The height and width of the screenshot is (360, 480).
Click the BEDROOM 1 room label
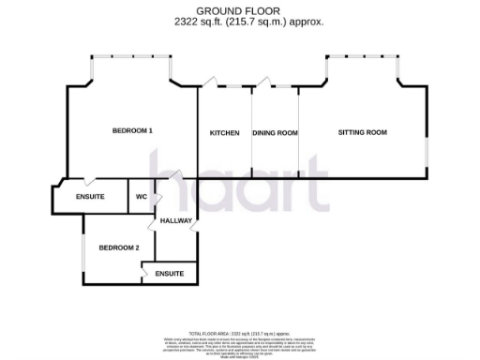point(132,130)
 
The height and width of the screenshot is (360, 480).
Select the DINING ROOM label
point(275,133)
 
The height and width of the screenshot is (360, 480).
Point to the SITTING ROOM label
point(362,132)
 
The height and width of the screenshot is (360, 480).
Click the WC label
point(141,197)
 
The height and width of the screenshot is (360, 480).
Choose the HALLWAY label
point(176,221)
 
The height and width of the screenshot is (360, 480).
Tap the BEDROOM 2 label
point(119,247)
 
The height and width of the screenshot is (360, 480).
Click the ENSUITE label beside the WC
point(89,197)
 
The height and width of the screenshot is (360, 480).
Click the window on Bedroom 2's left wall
point(83,248)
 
